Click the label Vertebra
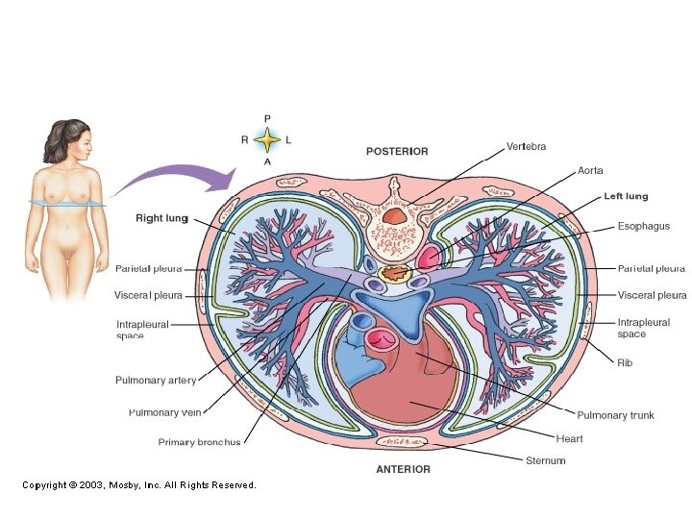pyautogui.click(x=527, y=147)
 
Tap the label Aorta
pyautogui.click(x=590, y=171)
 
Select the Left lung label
pyautogui.click(x=626, y=197)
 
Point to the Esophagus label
pyautogui.click(x=643, y=227)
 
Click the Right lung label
pyautogui.click(x=161, y=218)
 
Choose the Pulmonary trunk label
pyautogui.click(x=615, y=415)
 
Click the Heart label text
pyautogui.click(x=569, y=439)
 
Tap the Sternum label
pyautogui.click(x=545, y=461)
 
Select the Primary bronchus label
pyautogui.click(x=199, y=443)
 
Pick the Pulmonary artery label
pyautogui.click(x=156, y=381)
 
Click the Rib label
pyautogui.click(x=625, y=363)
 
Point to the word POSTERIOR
pyautogui.click(x=397, y=152)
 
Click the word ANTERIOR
pyautogui.click(x=403, y=470)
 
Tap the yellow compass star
pyautogui.click(x=267, y=140)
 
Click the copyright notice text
pyautogui.click(x=139, y=485)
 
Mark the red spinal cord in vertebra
pyautogui.click(x=395, y=217)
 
